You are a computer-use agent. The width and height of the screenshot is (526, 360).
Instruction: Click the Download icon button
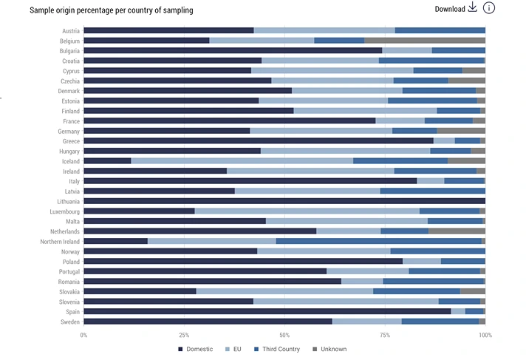click(x=472, y=8)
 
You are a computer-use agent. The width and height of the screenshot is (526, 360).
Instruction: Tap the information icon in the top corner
click(x=489, y=8)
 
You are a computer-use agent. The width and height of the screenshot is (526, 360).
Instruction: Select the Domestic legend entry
click(x=196, y=349)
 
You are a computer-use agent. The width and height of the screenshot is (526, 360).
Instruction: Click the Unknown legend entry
click(x=329, y=349)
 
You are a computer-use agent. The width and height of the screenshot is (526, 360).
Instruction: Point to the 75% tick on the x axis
click(x=385, y=335)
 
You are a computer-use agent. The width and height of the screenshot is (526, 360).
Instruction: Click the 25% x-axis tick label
click(x=184, y=335)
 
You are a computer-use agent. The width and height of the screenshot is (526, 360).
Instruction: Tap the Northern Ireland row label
click(x=60, y=241)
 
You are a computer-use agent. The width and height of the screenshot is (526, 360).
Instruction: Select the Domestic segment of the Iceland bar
click(x=107, y=160)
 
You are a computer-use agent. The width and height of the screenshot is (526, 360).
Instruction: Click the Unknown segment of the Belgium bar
click(x=425, y=41)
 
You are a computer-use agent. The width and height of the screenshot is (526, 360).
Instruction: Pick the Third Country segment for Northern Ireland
click(x=378, y=241)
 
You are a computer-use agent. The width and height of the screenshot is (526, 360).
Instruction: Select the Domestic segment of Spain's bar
click(x=267, y=311)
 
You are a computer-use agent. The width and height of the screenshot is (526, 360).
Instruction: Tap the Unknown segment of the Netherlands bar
click(x=457, y=231)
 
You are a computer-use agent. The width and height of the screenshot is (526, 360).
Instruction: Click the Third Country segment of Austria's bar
click(x=440, y=30)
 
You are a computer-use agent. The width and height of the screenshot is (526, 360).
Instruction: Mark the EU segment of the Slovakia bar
click(x=284, y=291)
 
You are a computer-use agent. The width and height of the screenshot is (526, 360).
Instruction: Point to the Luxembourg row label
click(x=64, y=211)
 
